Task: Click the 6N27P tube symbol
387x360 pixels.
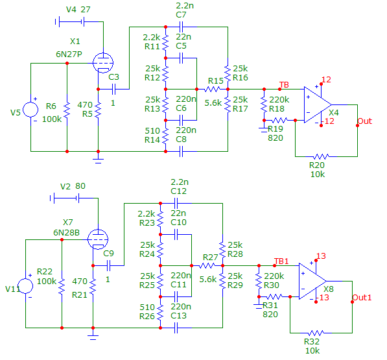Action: click(103, 63)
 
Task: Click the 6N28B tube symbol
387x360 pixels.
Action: click(98, 239)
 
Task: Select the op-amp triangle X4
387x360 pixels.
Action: click(318, 104)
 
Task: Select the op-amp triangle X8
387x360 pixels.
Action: click(312, 281)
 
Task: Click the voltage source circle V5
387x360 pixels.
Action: click(30, 110)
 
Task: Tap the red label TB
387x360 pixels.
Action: click(284, 85)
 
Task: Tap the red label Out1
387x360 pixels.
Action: click(362, 297)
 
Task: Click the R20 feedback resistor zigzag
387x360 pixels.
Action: click(321, 156)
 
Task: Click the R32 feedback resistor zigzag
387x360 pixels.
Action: click(316, 333)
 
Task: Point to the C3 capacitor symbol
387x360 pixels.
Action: click(113, 89)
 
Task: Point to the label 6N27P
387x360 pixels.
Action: click(69, 54)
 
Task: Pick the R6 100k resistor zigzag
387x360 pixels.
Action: click(67, 110)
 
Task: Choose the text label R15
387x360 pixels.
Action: click(215, 80)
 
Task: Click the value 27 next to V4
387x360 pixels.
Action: click(86, 9)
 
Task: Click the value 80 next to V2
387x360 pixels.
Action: click(80, 186)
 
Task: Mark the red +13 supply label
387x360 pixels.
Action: click(321, 256)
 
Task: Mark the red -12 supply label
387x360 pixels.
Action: click(328, 121)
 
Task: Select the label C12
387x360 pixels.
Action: click(178, 191)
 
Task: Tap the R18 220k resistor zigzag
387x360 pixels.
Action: click(264, 104)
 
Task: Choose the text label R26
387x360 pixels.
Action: click(147, 317)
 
